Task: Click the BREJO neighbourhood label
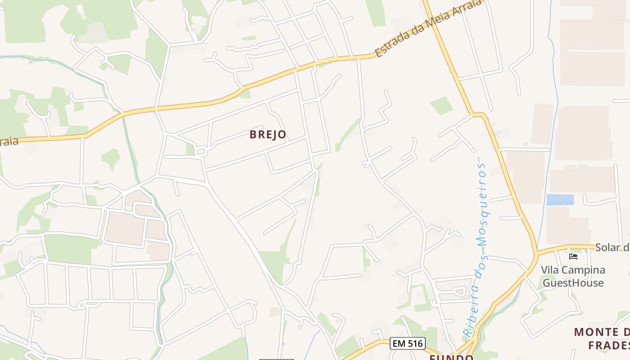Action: [268, 135]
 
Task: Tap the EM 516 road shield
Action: [407, 344]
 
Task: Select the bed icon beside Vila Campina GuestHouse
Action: [573, 256]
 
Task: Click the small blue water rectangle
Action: [560, 200]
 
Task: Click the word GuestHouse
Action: [573, 283]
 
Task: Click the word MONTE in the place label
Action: [596, 332]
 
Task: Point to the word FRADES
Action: [607, 346]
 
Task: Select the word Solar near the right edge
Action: [607, 247]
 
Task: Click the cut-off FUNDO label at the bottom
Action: [451, 357]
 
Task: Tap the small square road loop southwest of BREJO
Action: [201, 152]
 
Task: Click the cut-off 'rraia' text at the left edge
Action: [9, 142]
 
